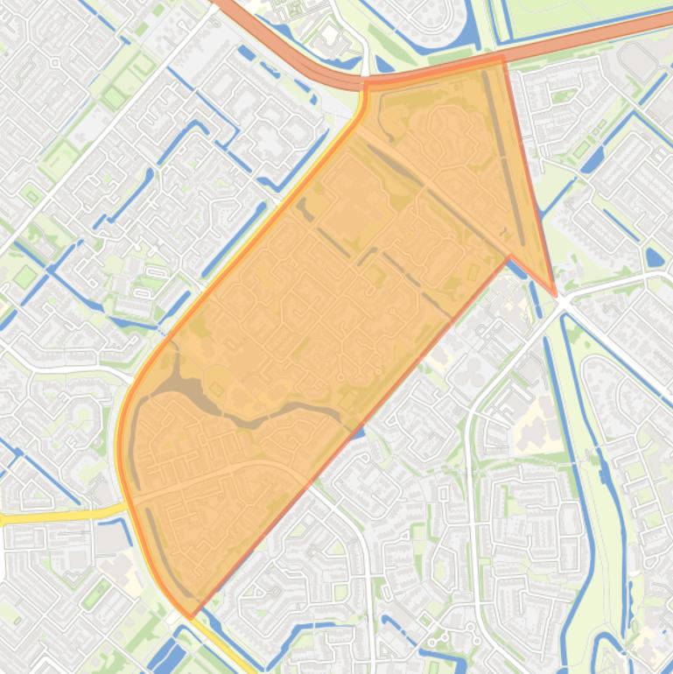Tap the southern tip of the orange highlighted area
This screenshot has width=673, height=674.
click(x=190, y=616)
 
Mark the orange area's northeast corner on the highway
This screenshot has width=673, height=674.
click(x=502, y=57)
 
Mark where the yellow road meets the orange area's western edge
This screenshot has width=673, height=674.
click(x=126, y=506)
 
